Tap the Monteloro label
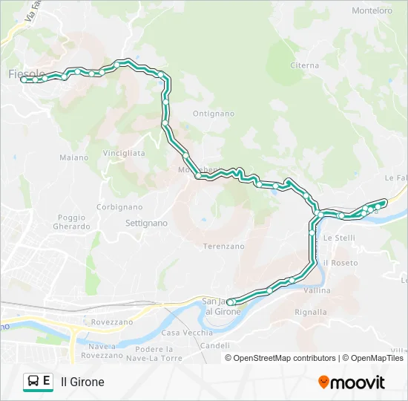[x=372, y=10]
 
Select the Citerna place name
[x=304, y=65]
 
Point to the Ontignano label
[x=213, y=114]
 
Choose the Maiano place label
[x=73, y=157]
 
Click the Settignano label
[x=146, y=223]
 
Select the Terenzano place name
[x=223, y=246]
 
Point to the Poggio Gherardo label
[x=73, y=222]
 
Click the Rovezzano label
[x=112, y=322]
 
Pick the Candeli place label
[x=215, y=346]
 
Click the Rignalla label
[x=310, y=313]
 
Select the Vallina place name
[x=317, y=291]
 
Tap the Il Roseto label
[x=340, y=263]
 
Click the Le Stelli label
[x=339, y=238]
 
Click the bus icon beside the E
[x=33, y=382]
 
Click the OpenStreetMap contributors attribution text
[x=284, y=358]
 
